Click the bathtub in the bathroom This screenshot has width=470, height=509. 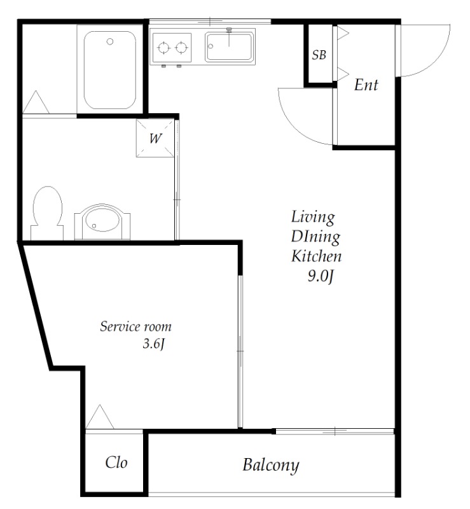pos(110,70)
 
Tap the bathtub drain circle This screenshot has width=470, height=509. pos(110,41)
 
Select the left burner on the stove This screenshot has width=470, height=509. pos(163,48)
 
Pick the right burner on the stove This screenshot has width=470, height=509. pos(181,48)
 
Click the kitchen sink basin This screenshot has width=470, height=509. pos(230,46)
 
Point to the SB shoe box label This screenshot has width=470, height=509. pos(319,55)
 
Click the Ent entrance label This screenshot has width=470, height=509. pos(366,85)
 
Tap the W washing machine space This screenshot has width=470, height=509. pos(155,139)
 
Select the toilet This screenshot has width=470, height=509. pos(47,213)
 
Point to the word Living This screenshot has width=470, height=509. pos(313,217)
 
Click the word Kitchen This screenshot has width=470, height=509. pos(317,256)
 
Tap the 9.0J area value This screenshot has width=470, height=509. pos(321,277)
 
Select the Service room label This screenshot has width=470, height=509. pos(135,326)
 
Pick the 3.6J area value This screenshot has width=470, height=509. pos(154,344)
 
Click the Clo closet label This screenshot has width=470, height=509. pos(116,463)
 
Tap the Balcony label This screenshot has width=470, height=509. pos(271,466)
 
